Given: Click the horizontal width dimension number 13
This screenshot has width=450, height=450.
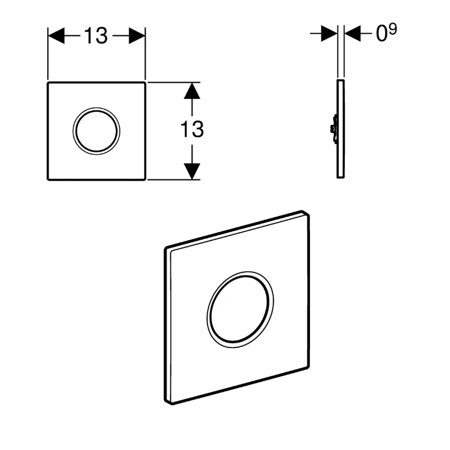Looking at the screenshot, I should coord(96,36).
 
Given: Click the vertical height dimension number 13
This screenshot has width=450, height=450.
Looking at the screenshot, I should coord(192,129).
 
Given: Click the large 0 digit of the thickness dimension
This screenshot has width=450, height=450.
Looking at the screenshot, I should coord(382,35).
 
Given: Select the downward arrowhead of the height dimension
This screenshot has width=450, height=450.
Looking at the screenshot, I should coord(192,170).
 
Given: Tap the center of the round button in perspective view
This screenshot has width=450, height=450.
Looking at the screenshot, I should coord(240,308).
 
